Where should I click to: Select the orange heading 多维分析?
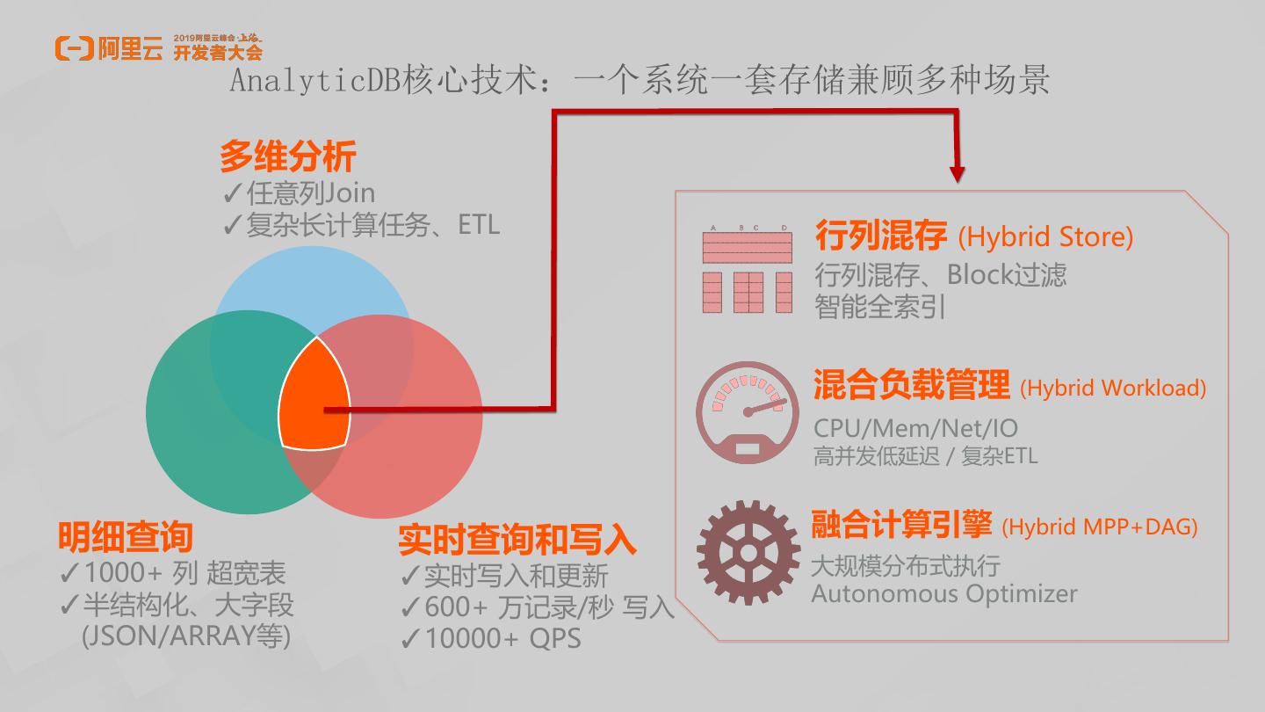(287, 157)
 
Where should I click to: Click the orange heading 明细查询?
(125, 535)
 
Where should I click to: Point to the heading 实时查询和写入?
(517, 539)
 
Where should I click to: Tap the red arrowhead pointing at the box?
(957, 172)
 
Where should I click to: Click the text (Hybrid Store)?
(1045, 237)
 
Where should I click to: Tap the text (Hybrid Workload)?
(1113, 388)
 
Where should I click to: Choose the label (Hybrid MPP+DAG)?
(1099, 527)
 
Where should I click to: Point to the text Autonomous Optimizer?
(943, 593)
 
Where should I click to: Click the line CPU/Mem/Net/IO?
(915, 428)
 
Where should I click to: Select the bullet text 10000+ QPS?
(502, 639)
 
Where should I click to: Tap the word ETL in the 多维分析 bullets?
(479, 225)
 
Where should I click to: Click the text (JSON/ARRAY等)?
(185, 636)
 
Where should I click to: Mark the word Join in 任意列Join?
(350, 193)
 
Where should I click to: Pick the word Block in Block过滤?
(979, 275)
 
